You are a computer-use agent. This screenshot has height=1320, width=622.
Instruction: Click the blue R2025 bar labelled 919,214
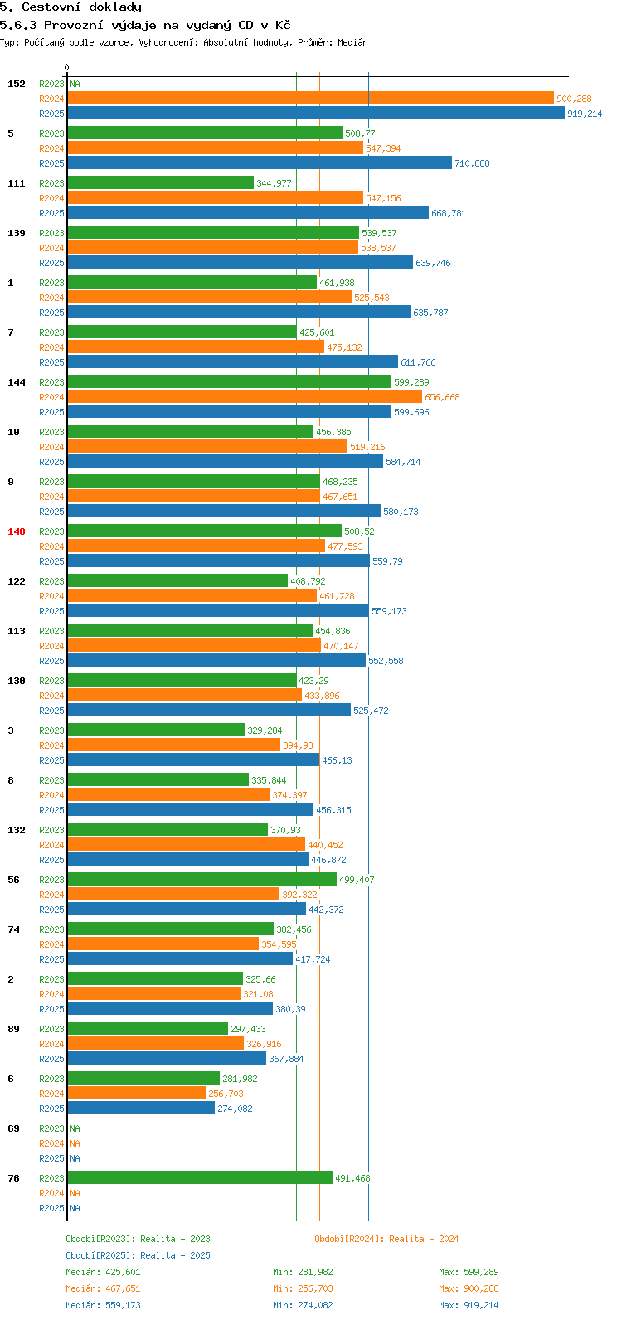[x=315, y=114]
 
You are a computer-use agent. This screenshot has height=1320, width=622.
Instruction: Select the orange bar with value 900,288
[x=310, y=99]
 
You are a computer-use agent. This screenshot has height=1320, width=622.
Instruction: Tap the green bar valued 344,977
[x=160, y=182]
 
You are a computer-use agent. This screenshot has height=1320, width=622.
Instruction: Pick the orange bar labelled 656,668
[x=245, y=397]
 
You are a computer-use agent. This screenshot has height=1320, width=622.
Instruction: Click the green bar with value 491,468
[x=200, y=1177]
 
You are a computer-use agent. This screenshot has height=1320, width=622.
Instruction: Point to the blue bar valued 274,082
[x=141, y=1108]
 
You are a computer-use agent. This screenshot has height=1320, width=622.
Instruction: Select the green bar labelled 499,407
[x=202, y=879]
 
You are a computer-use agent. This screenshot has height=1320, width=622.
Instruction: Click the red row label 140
[x=17, y=531]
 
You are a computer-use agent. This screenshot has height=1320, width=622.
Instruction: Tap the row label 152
[x=17, y=84]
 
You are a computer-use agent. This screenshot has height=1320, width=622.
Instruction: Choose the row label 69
[x=13, y=1128]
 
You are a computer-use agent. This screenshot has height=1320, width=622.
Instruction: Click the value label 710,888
[x=471, y=163]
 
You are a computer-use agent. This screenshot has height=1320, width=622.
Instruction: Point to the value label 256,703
[x=226, y=1094]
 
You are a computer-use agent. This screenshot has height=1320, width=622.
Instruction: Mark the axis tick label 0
[x=67, y=68]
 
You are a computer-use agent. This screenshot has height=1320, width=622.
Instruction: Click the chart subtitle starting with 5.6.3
[x=145, y=25]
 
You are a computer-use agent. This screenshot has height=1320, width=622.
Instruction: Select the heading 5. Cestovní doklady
[x=70, y=7]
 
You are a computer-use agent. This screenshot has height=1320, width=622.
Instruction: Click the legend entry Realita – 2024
[x=386, y=1239]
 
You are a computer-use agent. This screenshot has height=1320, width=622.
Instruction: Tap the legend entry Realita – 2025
[x=138, y=1255]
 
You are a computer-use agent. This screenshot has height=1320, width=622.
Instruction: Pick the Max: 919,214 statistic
[x=469, y=1305]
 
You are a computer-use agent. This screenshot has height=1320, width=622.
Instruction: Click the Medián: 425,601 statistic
[x=103, y=1272]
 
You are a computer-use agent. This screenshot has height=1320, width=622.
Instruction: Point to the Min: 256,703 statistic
[x=303, y=1288]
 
